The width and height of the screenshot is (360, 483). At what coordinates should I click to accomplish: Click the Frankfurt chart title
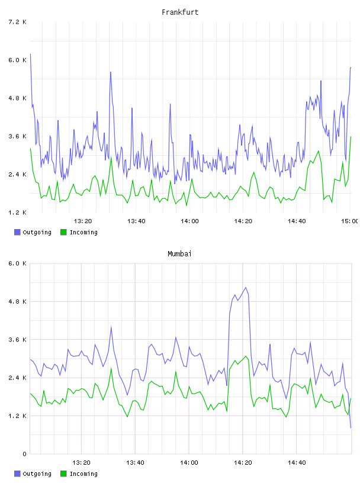point(180,12)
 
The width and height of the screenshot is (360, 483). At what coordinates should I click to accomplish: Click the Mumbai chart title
point(179,254)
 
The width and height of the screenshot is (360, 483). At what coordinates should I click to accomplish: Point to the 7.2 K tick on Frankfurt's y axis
point(17,22)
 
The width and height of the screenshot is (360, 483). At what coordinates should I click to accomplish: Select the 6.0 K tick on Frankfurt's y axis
point(17,60)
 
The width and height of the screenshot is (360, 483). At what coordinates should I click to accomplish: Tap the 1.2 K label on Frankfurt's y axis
point(17,212)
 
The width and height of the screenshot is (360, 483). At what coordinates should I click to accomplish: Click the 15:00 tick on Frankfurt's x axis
point(349,221)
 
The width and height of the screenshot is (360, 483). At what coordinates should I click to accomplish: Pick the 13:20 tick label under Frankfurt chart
point(83,221)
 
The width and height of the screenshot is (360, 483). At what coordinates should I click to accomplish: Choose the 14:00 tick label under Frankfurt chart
point(189,221)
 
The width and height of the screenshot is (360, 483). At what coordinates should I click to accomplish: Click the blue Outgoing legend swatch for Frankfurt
point(17,232)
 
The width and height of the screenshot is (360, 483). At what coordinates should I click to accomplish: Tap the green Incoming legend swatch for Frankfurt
point(63,232)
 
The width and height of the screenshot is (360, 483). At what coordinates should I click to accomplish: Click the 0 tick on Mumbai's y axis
point(24,454)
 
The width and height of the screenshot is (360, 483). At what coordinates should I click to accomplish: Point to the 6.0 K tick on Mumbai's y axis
point(17,263)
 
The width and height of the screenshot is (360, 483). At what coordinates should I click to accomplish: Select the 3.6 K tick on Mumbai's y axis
point(17,340)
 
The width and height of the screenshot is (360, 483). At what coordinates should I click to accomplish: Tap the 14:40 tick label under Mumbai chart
point(297,463)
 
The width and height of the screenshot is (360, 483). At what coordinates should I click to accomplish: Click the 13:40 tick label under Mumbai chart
point(135,463)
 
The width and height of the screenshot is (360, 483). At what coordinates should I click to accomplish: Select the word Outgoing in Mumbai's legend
point(37,474)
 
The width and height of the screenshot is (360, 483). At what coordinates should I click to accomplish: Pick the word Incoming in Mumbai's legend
point(83,474)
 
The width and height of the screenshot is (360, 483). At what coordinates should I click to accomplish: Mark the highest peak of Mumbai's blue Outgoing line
point(246,288)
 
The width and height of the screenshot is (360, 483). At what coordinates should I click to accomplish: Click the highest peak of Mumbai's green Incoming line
point(246,356)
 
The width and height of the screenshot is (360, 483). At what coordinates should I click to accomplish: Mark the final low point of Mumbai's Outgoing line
point(351,427)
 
